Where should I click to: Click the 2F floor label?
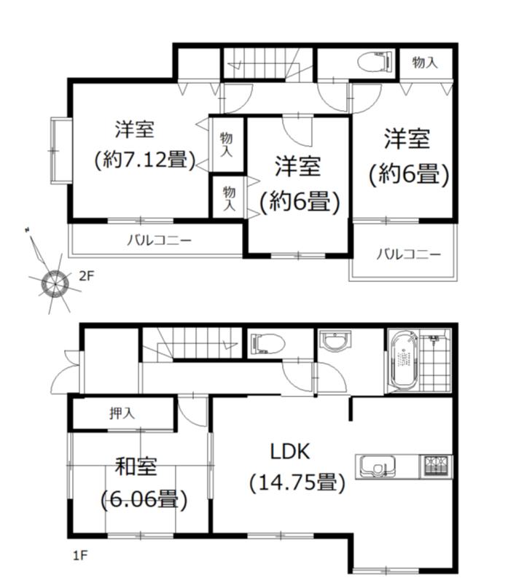(x=87, y=275)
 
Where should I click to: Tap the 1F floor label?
(x=80, y=556)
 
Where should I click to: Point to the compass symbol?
(x=52, y=283)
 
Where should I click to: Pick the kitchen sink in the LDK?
(x=375, y=464)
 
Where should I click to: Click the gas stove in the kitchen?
(x=435, y=464)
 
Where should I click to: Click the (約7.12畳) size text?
(x=144, y=160)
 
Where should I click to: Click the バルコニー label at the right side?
(x=408, y=254)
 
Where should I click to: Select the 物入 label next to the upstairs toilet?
(x=425, y=63)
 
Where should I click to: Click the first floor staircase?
(x=189, y=343)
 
